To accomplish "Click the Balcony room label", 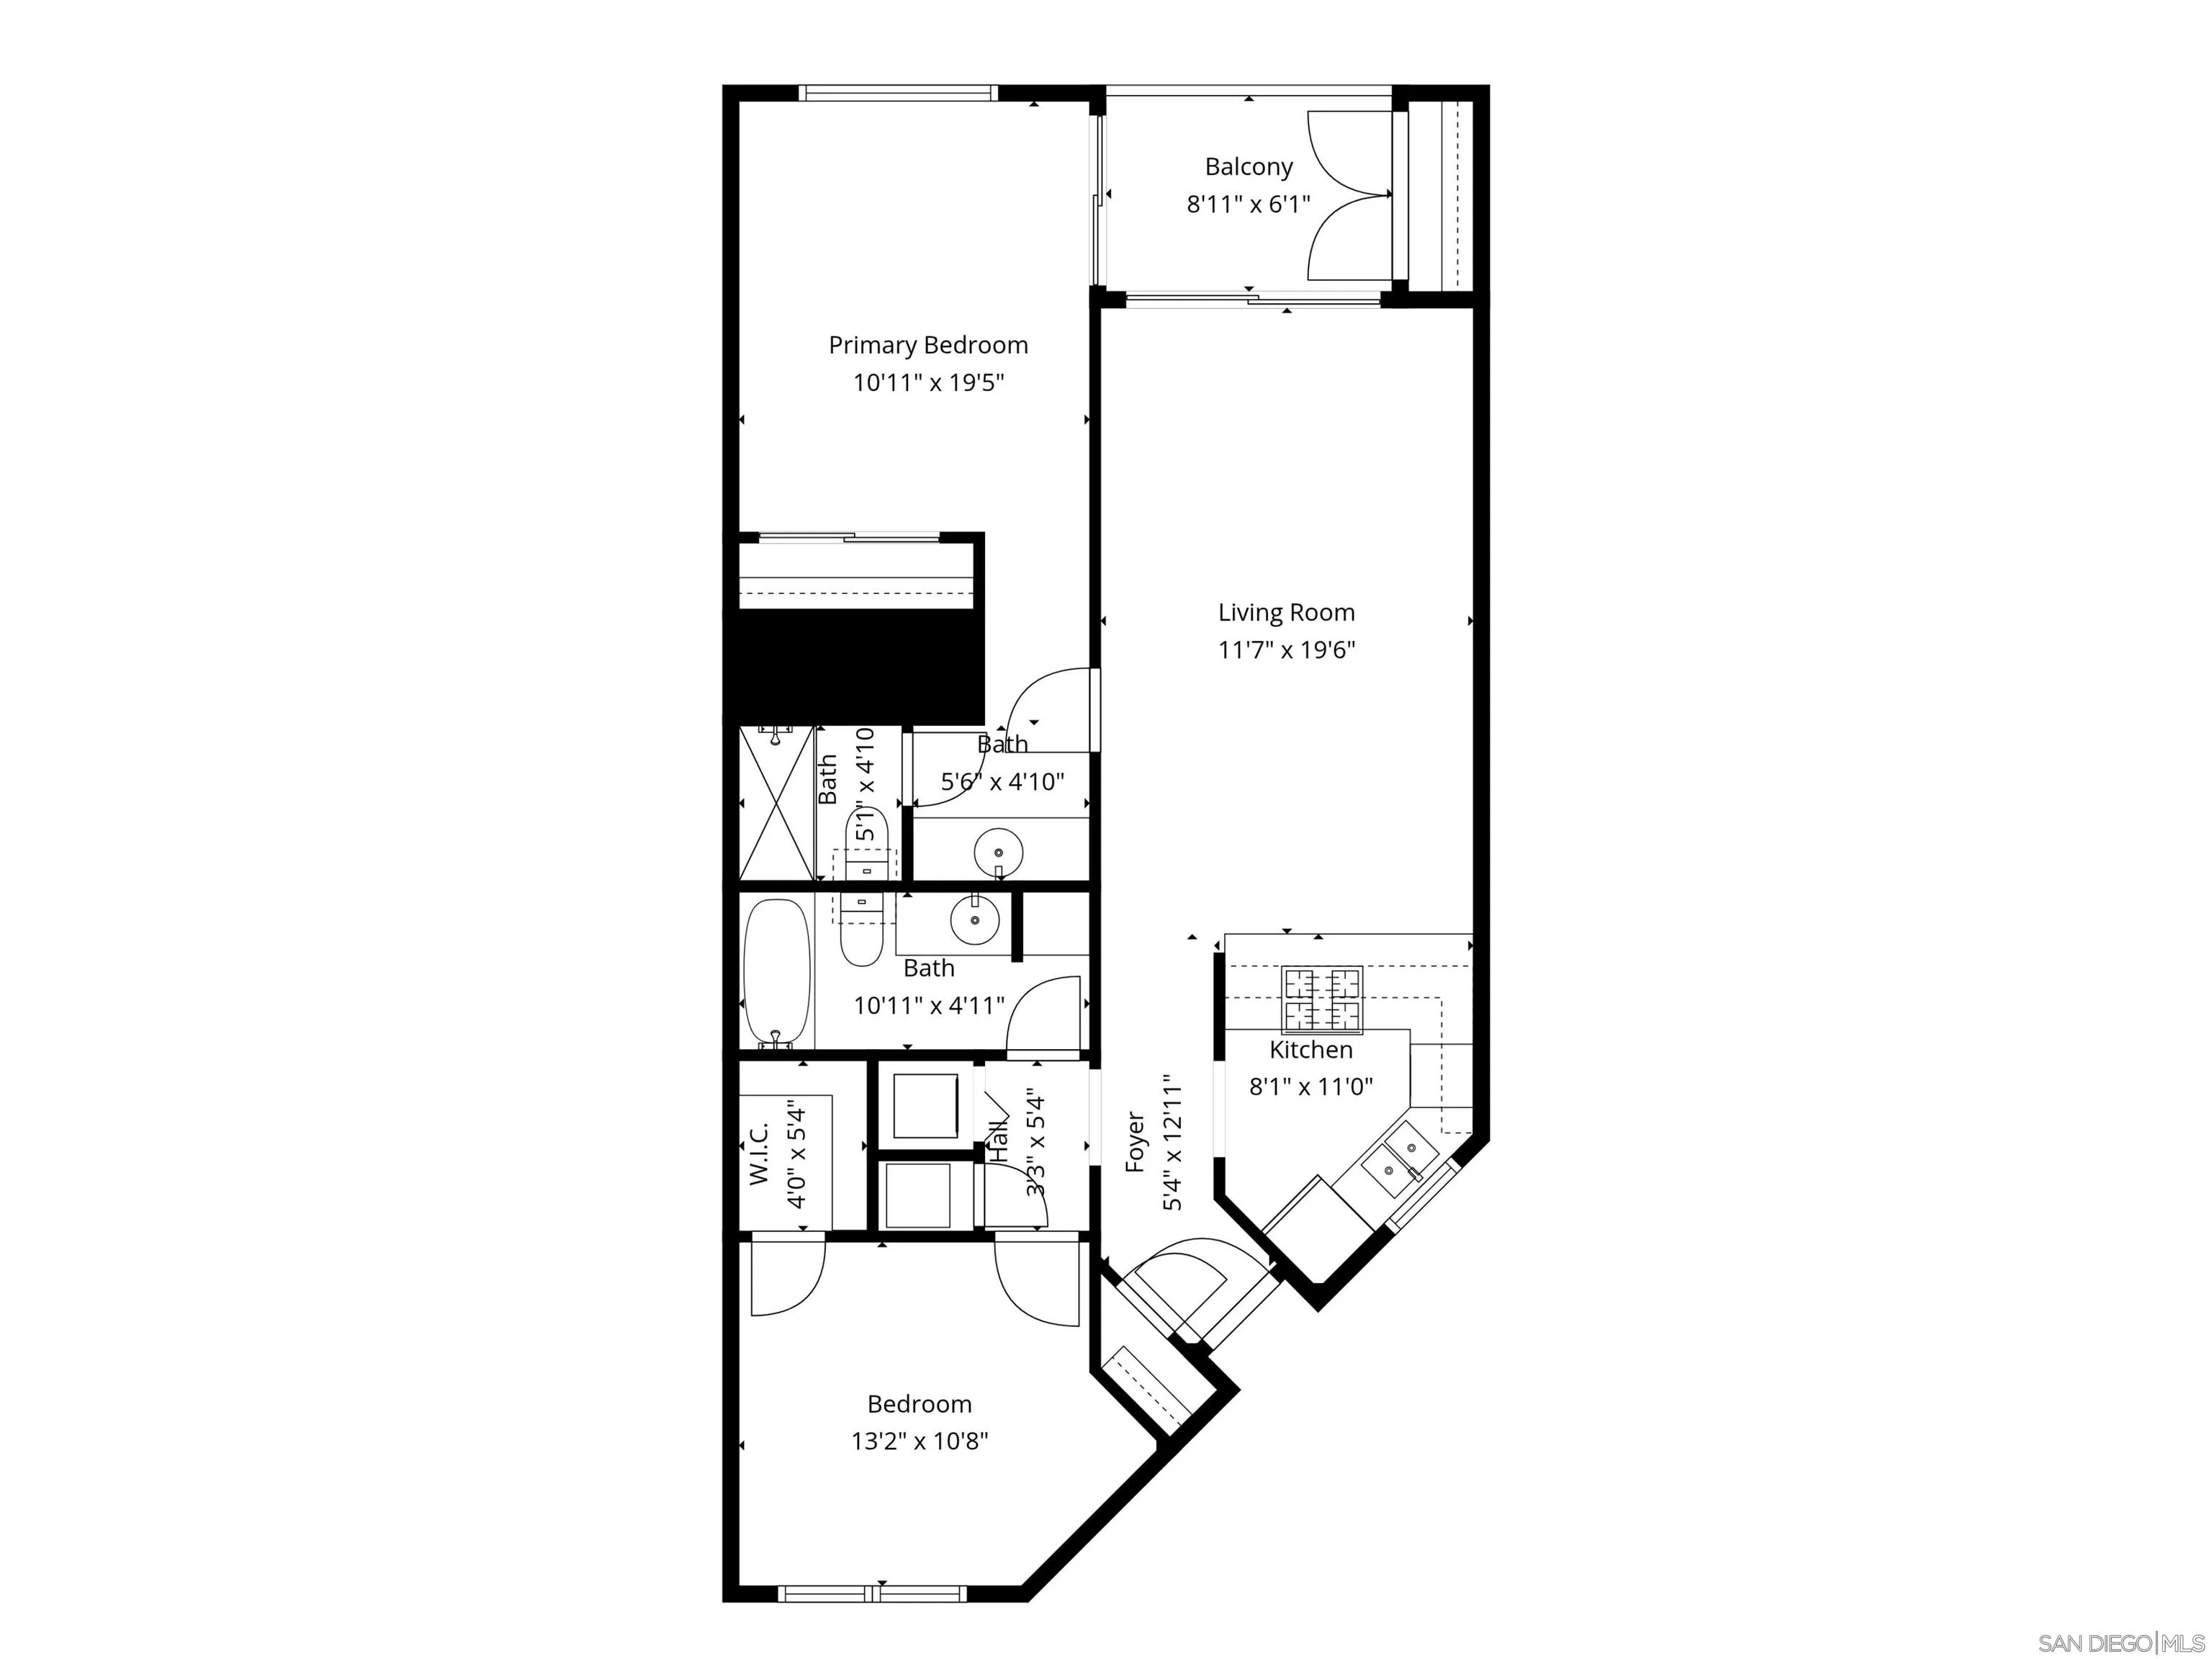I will coord(1248,167).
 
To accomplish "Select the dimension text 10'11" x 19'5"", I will coord(928,383).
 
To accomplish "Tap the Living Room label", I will coord(1286,613).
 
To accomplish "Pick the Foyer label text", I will coord(1135,1141).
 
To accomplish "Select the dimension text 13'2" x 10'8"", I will coord(919,1441).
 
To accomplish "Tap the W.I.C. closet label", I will coord(759,1154).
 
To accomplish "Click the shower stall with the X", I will coord(776,804).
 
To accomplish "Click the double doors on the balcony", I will coord(1349,195).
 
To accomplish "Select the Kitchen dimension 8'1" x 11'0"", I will coord(1311,1086).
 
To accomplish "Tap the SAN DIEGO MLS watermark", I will coord(2120,1643).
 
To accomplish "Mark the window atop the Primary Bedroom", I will coord(898,93).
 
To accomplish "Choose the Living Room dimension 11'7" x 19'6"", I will coord(1286,651).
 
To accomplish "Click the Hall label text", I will coord(998,1140).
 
